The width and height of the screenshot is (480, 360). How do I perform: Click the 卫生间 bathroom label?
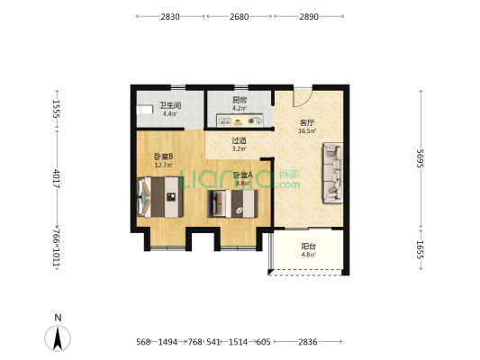[170, 105]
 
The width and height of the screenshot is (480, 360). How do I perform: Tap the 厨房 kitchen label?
[239, 100]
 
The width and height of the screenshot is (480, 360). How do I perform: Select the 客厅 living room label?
[307, 123]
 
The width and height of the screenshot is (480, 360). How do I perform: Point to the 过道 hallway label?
[239, 140]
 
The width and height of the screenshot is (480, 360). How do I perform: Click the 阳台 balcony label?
[308, 247]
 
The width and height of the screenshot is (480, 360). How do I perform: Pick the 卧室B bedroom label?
[164, 157]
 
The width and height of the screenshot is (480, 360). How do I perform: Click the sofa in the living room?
[332, 173]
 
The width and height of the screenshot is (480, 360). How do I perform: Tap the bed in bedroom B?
[160, 197]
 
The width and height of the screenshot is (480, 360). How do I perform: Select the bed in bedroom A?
[232, 203]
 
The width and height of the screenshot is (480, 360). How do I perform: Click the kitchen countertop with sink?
[240, 121]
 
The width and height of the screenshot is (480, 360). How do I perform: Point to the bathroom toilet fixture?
[144, 110]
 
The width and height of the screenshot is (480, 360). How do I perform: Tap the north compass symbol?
[58, 338]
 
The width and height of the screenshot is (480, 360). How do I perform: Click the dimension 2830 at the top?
[170, 16]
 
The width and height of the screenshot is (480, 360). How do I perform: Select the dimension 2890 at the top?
[309, 16]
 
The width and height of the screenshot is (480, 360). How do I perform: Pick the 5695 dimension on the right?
[420, 158]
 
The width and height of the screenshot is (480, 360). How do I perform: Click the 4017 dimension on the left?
[57, 178]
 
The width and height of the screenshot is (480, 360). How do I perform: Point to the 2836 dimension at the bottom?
[308, 342]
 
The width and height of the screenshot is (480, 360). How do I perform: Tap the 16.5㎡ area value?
[307, 131]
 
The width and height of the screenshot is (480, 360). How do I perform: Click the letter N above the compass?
[58, 318]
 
